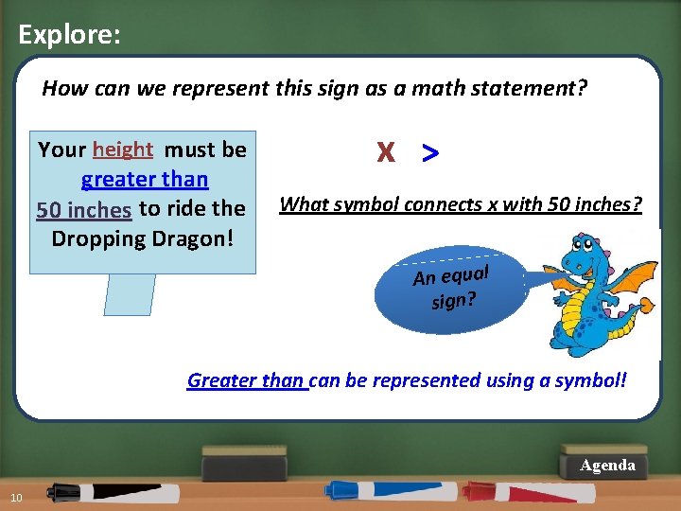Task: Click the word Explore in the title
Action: [66, 35]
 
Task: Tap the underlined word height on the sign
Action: [123, 150]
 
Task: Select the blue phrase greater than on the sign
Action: [145, 179]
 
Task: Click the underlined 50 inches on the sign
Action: [84, 208]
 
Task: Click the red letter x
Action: [385, 152]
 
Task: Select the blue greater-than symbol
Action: [430, 152]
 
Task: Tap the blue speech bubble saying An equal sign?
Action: [450, 287]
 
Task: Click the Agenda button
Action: [607, 465]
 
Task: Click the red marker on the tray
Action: [530, 492]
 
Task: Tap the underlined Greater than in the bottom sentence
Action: [246, 380]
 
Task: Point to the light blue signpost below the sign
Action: [130, 294]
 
